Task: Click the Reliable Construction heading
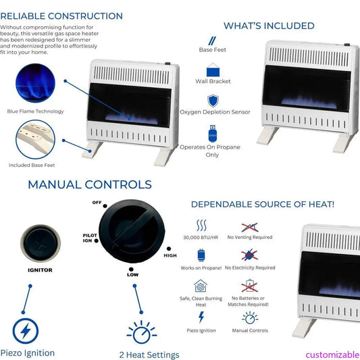61,16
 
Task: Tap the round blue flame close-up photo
35,83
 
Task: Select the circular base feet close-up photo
35,139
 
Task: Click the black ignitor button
41,243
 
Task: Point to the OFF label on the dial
97,203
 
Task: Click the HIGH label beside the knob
170,255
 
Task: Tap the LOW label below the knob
132,275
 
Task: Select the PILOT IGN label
90,238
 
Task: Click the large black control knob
132,231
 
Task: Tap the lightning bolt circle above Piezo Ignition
26,331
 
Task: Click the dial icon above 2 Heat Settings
141,332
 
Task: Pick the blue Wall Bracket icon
213,70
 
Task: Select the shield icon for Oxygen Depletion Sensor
213,101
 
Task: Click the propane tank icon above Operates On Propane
213,134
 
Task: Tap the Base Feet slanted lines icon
212,41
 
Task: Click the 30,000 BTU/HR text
201,237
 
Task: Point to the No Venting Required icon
250,228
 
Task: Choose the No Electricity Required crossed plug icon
249,255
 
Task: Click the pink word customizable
333,355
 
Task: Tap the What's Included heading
269,26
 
